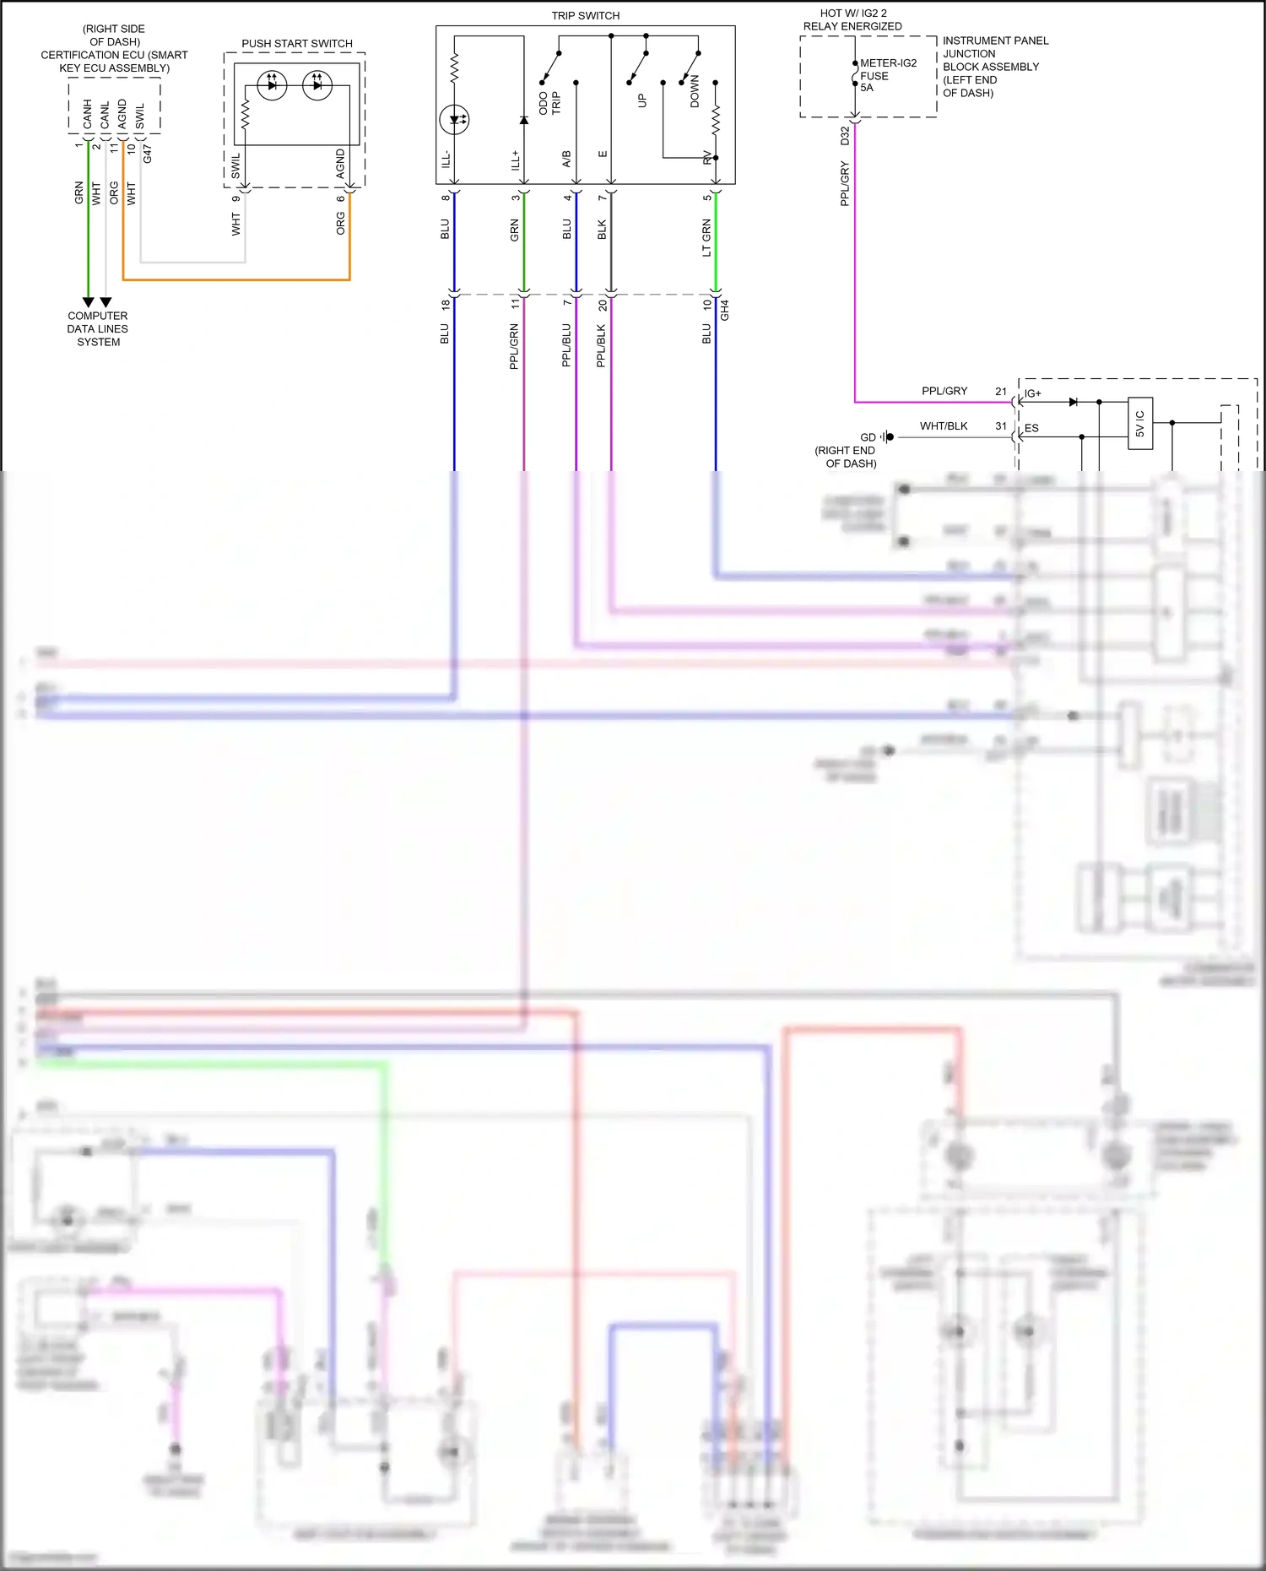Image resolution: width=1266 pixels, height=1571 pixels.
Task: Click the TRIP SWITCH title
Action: (x=585, y=15)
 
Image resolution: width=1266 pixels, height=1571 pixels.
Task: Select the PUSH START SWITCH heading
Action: (x=296, y=43)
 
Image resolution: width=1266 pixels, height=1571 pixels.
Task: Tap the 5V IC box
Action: (x=1139, y=424)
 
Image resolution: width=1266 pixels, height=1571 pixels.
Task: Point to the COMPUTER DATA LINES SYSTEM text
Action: (x=98, y=328)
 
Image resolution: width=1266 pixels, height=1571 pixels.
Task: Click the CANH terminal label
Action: (x=88, y=114)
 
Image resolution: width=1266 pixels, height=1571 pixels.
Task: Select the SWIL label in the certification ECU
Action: (x=140, y=116)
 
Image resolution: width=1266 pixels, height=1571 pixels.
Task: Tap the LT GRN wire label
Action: (x=706, y=238)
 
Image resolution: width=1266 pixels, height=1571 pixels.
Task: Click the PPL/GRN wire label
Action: (x=514, y=346)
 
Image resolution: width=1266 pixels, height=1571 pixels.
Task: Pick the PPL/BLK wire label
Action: (x=601, y=344)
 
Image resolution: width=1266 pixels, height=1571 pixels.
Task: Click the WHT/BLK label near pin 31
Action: (x=944, y=425)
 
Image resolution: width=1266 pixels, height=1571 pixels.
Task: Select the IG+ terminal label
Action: (x=1032, y=393)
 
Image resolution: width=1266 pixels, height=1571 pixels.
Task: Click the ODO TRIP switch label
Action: (x=549, y=103)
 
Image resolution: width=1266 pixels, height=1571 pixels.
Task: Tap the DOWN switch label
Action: (x=695, y=91)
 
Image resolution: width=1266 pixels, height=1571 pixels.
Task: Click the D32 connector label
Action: (x=845, y=135)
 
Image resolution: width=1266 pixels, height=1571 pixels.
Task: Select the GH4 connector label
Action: (x=725, y=310)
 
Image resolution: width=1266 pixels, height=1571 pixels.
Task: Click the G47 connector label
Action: (x=147, y=154)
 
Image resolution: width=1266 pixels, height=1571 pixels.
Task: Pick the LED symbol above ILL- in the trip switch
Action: (x=455, y=119)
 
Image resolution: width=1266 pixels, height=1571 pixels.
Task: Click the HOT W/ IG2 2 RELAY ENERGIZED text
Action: (x=852, y=19)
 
